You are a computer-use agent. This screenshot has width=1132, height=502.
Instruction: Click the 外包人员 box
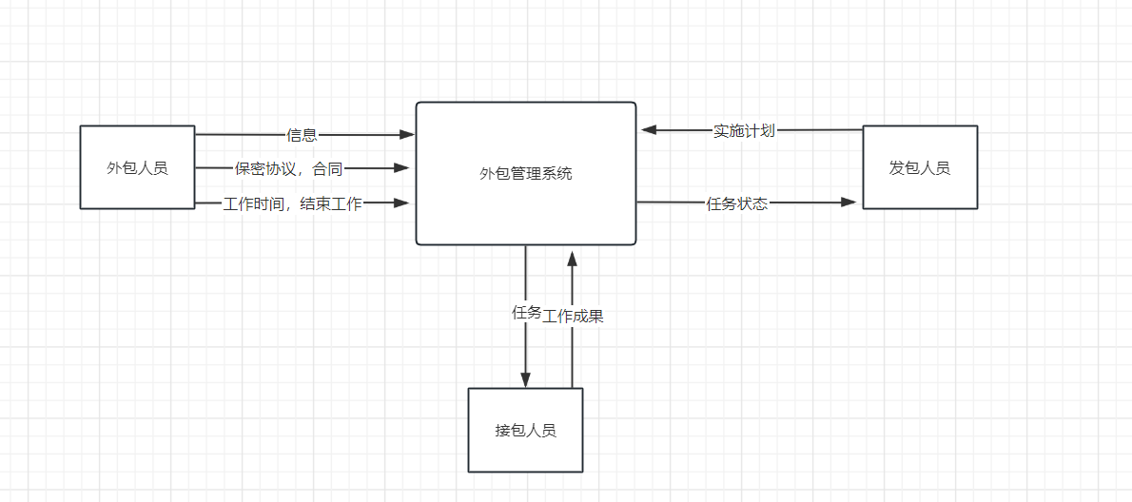pos(137,167)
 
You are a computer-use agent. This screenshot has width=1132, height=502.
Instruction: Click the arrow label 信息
pos(302,135)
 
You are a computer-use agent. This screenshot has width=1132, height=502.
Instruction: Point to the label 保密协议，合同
pos(288,169)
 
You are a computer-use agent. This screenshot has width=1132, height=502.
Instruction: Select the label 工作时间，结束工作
pos(292,203)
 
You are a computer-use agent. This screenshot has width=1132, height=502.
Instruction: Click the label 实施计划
pos(744,131)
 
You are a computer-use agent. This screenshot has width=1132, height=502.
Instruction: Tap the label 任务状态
pos(736,203)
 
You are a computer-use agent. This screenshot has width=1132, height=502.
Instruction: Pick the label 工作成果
pos(574,317)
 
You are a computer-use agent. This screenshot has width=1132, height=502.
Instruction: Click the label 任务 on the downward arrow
pos(526,312)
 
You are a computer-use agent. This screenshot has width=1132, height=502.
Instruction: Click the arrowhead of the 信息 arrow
pos(407,135)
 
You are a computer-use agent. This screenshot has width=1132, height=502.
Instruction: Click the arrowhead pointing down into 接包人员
pos(525,380)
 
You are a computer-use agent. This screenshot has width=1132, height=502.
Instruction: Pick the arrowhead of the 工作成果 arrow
pos(572,257)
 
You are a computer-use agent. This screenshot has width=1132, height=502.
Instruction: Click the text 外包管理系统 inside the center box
pos(525,174)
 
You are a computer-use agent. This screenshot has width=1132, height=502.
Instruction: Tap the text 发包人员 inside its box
pos(919,168)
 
